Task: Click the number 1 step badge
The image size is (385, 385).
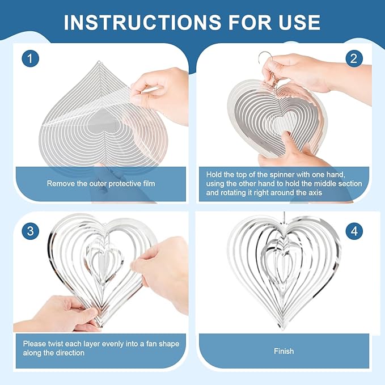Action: [30, 58]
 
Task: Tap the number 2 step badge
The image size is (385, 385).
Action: [354, 58]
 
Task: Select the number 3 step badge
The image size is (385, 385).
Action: [30, 231]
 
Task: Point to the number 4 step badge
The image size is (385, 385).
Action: [354, 231]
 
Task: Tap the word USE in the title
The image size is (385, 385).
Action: [299, 22]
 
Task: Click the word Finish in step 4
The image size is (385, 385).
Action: [284, 351]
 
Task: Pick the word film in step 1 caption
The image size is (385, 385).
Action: [149, 183]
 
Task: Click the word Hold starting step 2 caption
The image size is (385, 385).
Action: [213, 174]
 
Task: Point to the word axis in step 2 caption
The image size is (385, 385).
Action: [315, 192]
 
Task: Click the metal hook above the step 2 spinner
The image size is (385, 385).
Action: [265, 58]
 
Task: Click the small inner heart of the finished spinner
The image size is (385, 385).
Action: [282, 265]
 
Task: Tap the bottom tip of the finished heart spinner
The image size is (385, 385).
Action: [282, 328]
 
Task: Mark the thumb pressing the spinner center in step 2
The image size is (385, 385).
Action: [294, 142]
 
